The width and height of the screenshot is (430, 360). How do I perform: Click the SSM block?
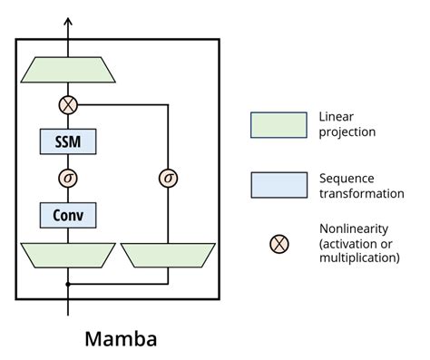tap(68, 141)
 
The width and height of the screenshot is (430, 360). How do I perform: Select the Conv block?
tap(68, 215)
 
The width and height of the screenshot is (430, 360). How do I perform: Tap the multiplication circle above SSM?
tap(68, 105)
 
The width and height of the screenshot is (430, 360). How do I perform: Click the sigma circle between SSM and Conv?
tap(68, 178)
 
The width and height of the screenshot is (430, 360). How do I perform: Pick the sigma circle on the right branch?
tap(168, 178)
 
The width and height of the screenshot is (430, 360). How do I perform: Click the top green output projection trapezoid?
tap(68, 70)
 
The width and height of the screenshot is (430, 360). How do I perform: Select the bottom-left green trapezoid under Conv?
tap(68, 254)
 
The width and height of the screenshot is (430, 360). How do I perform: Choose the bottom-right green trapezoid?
tap(168, 254)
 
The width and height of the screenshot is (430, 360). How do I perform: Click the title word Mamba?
tap(121, 339)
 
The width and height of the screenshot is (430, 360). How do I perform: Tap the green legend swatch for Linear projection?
tap(279, 126)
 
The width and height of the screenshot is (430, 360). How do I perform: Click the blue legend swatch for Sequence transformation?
tap(279, 184)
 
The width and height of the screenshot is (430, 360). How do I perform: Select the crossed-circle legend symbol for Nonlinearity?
tap(280, 242)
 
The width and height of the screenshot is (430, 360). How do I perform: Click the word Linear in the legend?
tap(337, 117)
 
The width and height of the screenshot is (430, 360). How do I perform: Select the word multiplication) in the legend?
tap(360, 258)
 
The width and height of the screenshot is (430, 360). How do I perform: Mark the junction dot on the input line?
tap(68, 284)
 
